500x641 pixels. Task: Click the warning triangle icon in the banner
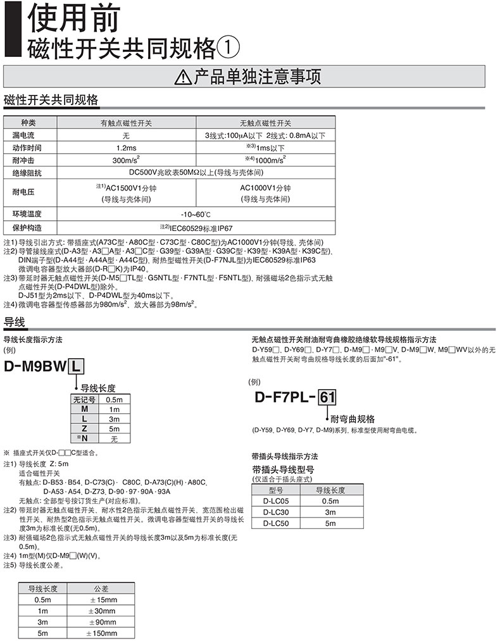tap(184, 77)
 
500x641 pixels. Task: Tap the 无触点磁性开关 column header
tap(265, 123)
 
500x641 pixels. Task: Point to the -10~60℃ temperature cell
tap(195, 214)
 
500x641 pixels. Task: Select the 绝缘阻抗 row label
tap(25, 172)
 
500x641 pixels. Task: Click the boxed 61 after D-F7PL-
tap(327, 398)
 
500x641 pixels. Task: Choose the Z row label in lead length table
tap(84, 428)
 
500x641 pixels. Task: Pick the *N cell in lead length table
tap(84, 438)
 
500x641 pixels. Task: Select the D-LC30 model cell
tap(275, 512)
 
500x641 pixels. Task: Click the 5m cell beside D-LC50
tap(330, 523)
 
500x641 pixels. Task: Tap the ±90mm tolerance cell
tap(101, 622)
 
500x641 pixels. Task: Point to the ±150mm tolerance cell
tap(101, 633)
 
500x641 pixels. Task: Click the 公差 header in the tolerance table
tap(101, 588)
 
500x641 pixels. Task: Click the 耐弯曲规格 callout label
tap(352, 419)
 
